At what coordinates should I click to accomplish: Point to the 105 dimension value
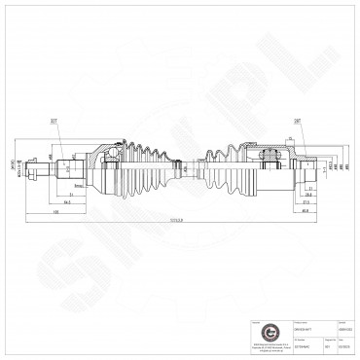click(x=59, y=210)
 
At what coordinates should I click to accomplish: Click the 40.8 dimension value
click(x=306, y=210)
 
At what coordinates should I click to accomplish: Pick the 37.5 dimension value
click(x=306, y=202)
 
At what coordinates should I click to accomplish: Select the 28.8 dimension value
click(x=307, y=195)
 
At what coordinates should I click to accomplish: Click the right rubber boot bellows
click(x=226, y=163)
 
